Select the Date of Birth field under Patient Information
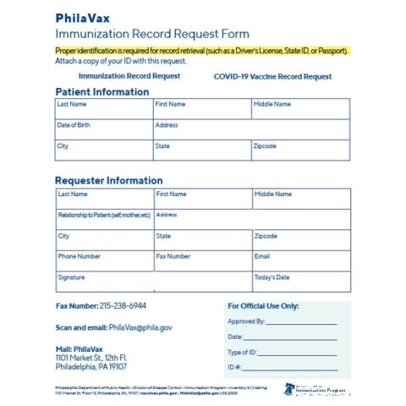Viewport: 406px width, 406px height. (103, 129)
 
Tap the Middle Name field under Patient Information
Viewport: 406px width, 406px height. (300, 109)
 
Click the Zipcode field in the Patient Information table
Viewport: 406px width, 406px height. (300, 151)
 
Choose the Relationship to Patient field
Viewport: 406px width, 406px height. (103, 219)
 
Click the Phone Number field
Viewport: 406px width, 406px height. (103, 261)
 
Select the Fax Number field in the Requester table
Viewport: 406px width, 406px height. (202, 261)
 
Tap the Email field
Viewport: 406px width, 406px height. (300, 261)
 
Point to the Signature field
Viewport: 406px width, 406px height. (152, 282)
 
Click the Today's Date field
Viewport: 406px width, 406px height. (300, 282)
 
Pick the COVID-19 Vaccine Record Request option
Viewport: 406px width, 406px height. (272, 76)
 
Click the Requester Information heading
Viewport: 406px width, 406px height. (108, 180)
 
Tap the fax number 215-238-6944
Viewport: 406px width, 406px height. (123, 305)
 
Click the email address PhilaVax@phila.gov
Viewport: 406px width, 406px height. (140, 326)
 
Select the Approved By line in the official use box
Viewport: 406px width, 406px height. (301, 322)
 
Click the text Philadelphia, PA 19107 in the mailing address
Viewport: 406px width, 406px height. (91, 367)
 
